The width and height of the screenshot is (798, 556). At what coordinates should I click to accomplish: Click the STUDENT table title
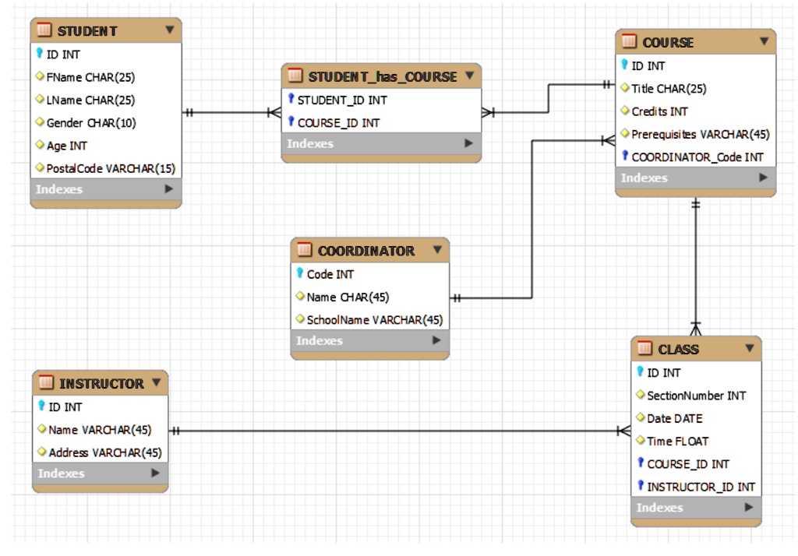pos(87,31)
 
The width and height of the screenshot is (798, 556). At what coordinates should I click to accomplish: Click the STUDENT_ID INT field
pos(341,100)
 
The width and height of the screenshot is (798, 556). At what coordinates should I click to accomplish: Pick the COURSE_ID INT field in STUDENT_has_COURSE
pos(338,123)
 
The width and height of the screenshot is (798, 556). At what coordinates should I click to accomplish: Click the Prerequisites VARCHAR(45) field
pos(700,134)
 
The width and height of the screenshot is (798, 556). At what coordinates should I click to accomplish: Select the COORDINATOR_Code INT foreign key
pos(697,157)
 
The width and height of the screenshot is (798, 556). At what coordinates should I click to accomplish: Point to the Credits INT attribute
pos(659,111)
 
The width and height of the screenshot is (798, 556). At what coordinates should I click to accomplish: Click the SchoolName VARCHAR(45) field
pos(374,319)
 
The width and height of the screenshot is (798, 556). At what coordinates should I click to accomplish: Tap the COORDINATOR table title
pos(366,251)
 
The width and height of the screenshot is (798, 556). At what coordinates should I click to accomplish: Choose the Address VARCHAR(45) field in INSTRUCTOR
pos(104,452)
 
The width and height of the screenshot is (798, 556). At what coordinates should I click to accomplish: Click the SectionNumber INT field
pos(696,396)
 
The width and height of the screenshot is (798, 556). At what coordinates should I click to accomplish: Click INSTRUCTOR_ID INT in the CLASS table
pos(701,487)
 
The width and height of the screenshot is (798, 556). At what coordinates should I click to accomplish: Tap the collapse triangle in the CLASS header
pos(750,348)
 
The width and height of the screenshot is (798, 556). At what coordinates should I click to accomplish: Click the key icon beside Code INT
pos(300,274)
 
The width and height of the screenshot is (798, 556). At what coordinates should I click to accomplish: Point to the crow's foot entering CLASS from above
pos(696,328)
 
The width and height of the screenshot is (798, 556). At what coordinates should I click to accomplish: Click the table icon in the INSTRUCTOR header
pos(46,383)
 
